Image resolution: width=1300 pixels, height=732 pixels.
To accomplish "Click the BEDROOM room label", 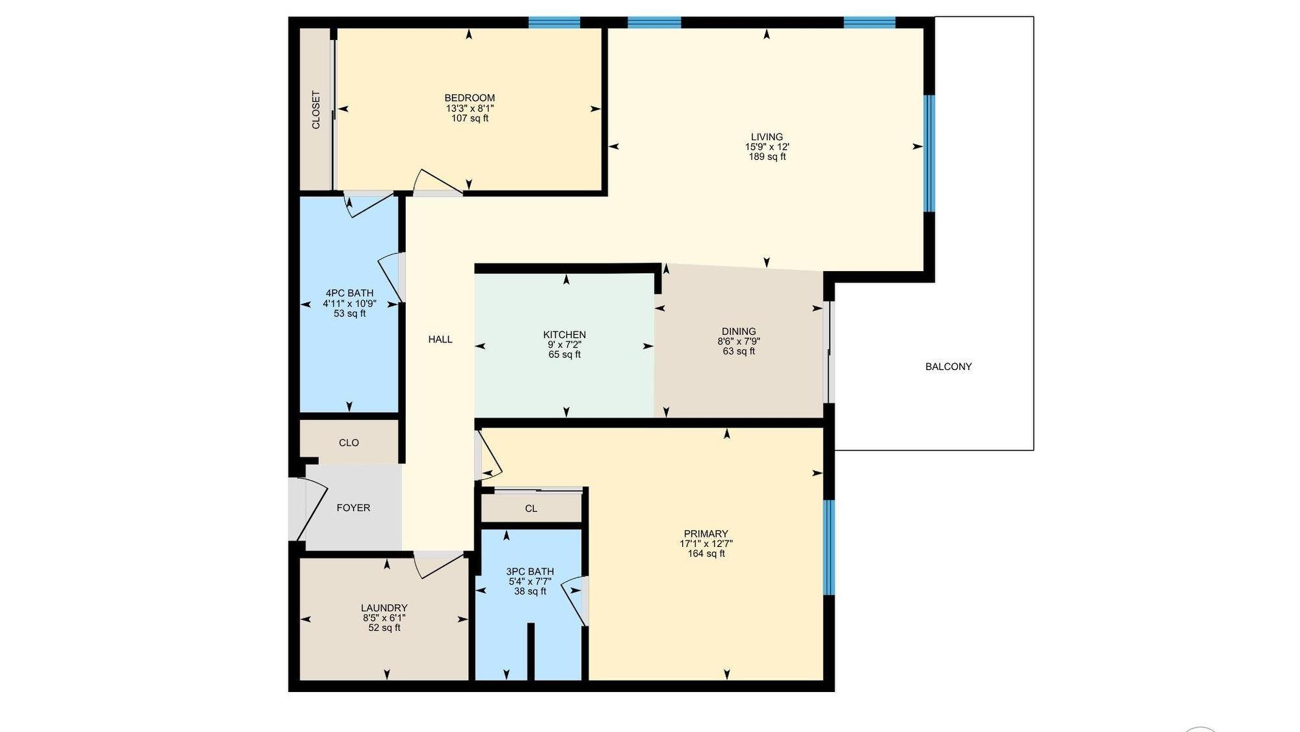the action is pyautogui.click(x=469, y=98).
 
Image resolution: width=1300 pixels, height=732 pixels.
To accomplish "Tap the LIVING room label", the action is pyautogui.click(x=767, y=137).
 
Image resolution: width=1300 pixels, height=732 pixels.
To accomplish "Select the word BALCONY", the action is pyautogui.click(x=948, y=367).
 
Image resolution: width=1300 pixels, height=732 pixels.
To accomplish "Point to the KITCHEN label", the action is pyautogui.click(x=564, y=335).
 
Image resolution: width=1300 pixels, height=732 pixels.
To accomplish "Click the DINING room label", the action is pyautogui.click(x=738, y=332).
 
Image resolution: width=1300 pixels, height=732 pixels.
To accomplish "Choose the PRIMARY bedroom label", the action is pyautogui.click(x=706, y=534).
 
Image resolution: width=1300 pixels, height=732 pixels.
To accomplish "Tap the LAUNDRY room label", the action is pyautogui.click(x=384, y=609).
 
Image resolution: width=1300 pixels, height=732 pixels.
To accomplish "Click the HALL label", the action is pyautogui.click(x=440, y=340).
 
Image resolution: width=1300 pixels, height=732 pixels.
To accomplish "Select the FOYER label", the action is pyautogui.click(x=354, y=508).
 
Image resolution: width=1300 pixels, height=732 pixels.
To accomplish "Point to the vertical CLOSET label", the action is pyautogui.click(x=316, y=110).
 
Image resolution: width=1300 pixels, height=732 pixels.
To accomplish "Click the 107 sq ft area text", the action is pyautogui.click(x=469, y=118).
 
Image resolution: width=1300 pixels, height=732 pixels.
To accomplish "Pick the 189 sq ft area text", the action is pyautogui.click(x=767, y=157).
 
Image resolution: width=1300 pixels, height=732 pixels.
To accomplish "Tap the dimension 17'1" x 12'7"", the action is pyautogui.click(x=706, y=544).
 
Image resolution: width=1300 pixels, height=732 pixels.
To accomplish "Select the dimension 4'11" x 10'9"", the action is pyautogui.click(x=350, y=304).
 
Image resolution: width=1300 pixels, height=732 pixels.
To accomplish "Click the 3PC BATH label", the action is pyautogui.click(x=530, y=571).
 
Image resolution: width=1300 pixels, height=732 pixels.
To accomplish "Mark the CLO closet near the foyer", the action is pyautogui.click(x=349, y=443).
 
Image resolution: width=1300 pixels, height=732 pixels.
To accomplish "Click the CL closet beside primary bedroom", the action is pyautogui.click(x=531, y=508).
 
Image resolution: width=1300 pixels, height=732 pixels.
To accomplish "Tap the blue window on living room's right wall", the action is pyautogui.click(x=929, y=153).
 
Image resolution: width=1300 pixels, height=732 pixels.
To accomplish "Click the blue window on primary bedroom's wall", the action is pyautogui.click(x=829, y=548).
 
